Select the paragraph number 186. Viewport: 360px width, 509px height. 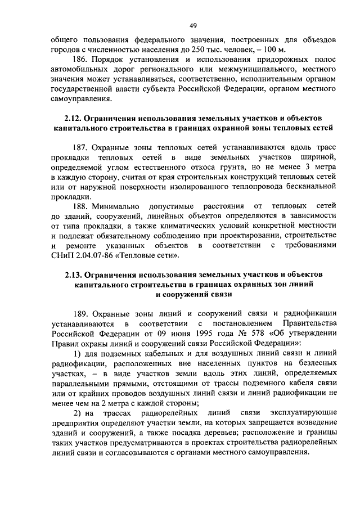(80, 59)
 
